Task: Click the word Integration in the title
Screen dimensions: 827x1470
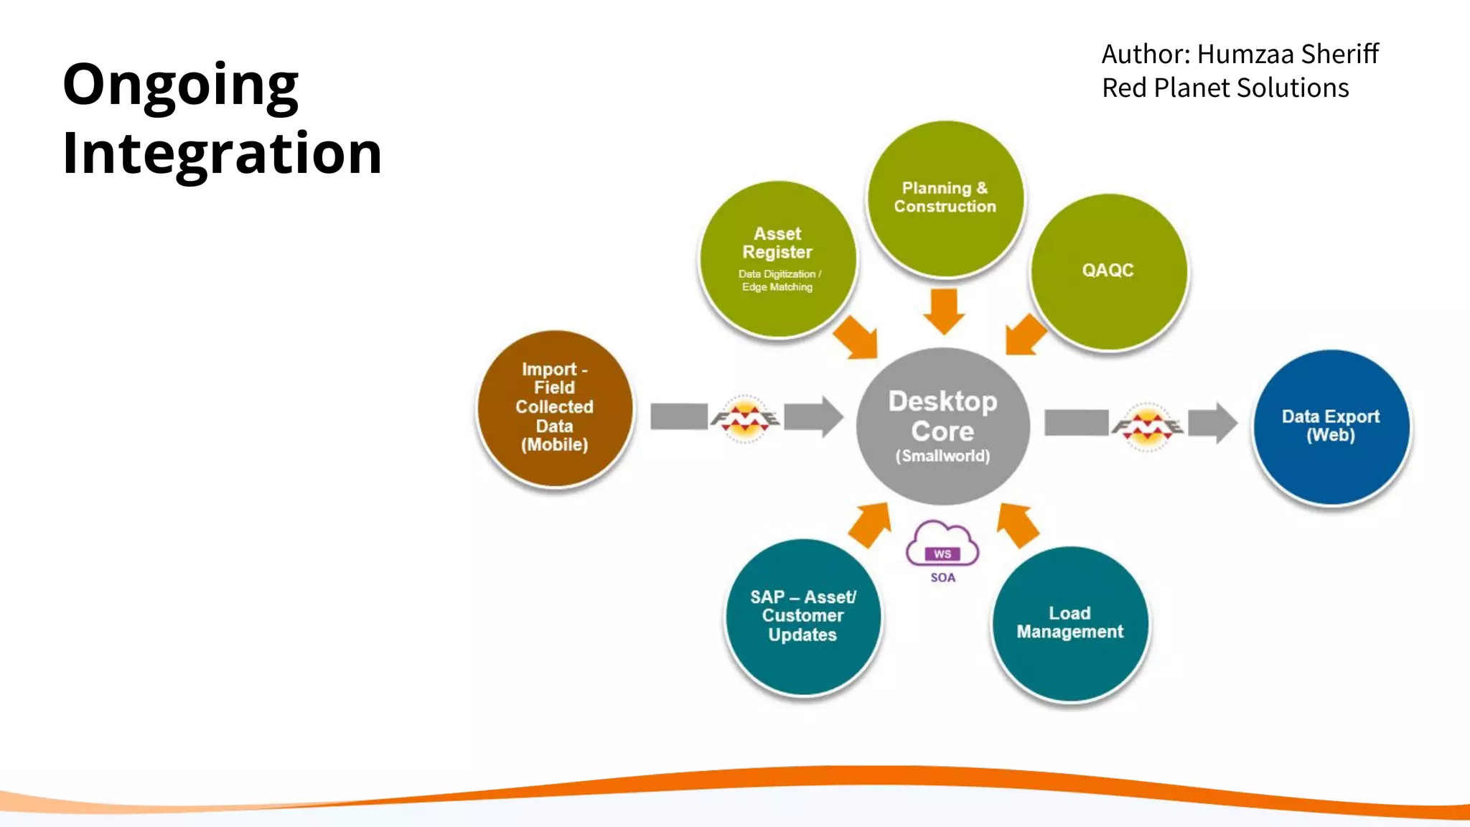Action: tap(222, 154)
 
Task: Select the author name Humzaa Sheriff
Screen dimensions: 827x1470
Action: tap(1287, 54)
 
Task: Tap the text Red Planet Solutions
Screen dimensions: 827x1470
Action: tap(1225, 88)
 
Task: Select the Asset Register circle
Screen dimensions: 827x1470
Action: tap(777, 258)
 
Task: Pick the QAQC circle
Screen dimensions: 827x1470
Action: tap(1108, 271)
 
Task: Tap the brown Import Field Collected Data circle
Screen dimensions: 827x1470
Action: tap(555, 407)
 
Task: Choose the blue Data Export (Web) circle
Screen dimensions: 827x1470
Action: tap(1331, 426)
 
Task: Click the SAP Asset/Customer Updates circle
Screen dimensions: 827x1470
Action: tap(802, 616)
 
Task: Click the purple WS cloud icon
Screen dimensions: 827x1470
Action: tap(942, 544)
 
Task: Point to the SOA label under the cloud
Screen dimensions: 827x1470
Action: tap(942, 578)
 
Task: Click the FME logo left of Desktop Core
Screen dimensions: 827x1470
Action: tap(745, 418)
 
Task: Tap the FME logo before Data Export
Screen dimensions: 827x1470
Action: tap(1147, 426)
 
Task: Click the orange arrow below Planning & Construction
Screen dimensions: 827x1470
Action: tap(944, 311)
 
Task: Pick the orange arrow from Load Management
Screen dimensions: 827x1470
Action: tap(1017, 524)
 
